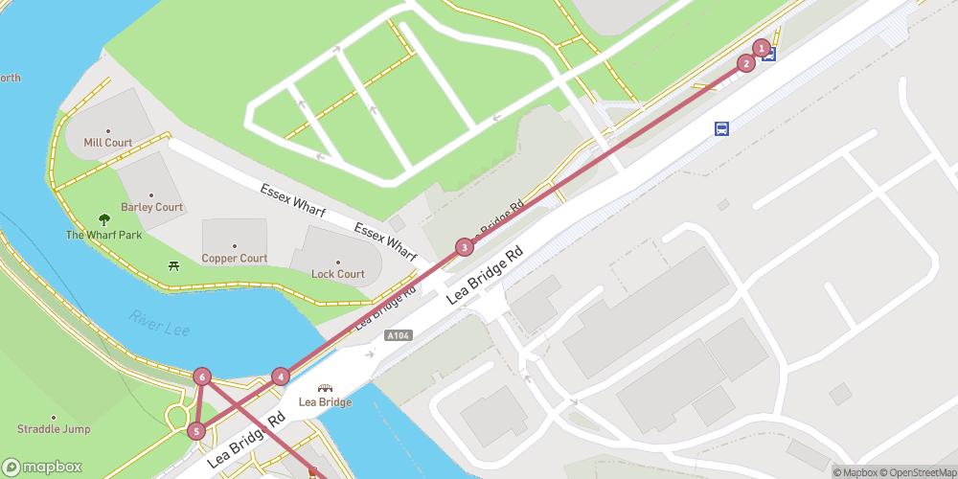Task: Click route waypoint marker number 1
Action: [762, 48]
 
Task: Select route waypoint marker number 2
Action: [745, 64]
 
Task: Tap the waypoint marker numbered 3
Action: [464, 247]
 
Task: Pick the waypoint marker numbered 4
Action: [280, 376]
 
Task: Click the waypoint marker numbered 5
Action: [196, 431]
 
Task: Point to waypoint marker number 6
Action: [201, 376]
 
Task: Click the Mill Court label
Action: [107, 143]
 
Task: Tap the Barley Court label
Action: [151, 207]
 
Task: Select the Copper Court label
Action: [234, 259]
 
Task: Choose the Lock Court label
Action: [337, 274]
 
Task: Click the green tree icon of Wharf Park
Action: [104, 220]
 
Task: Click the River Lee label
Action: [154, 324]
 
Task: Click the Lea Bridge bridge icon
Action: [325, 389]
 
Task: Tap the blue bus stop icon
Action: [721, 128]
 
